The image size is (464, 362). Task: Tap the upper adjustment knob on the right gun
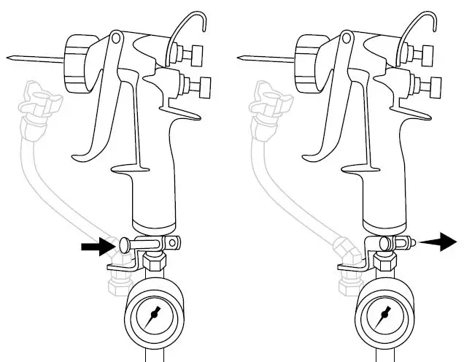coord(430,53)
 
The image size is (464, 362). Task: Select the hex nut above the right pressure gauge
coord(387,261)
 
